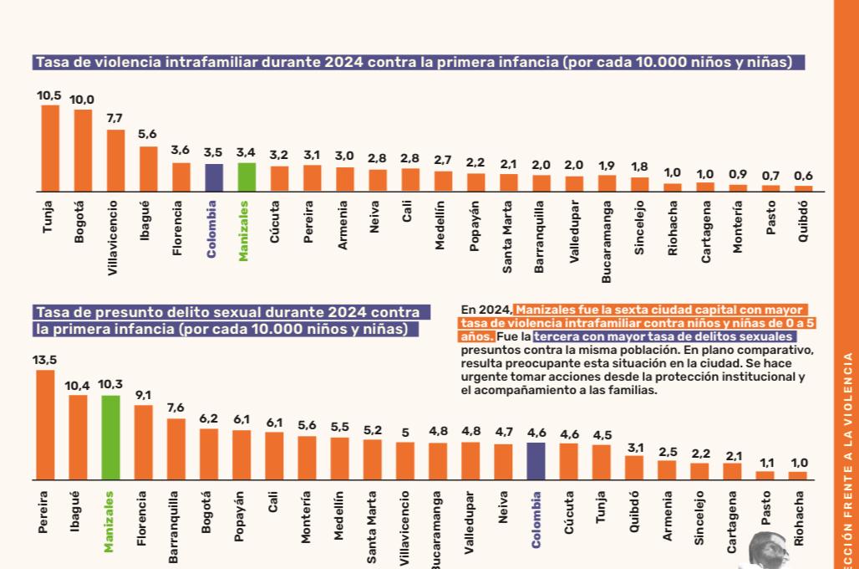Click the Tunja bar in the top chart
click(x=50, y=148)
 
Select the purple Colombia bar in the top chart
click(x=214, y=177)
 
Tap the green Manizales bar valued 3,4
click(x=247, y=177)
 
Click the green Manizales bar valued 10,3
click(x=110, y=437)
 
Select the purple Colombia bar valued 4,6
click(x=536, y=460)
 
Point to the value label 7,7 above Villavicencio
click(x=114, y=118)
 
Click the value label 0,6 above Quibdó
click(x=804, y=175)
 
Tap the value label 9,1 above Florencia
click(x=142, y=395)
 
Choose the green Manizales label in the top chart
click(x=244, y=229)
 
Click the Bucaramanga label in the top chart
click(x=607, y=239)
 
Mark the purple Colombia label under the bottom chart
click(x=536, y=520)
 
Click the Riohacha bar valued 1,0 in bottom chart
click(x=798, y=474)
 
